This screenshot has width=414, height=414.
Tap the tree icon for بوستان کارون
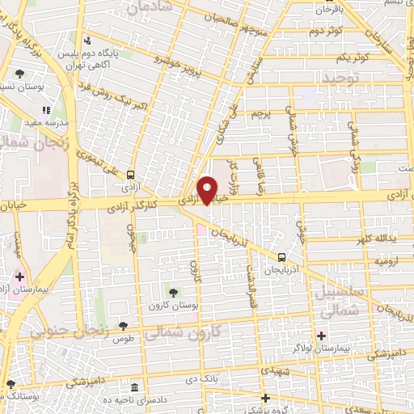click(174, 291)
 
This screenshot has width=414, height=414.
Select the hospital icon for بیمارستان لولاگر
click(322, 336)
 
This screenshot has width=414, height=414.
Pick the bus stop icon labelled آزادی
click(130, 173)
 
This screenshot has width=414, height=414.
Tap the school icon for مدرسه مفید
click(46, 110)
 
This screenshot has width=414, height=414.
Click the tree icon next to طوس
click(123, 326)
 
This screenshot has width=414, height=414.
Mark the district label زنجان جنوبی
click(65, 329)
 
